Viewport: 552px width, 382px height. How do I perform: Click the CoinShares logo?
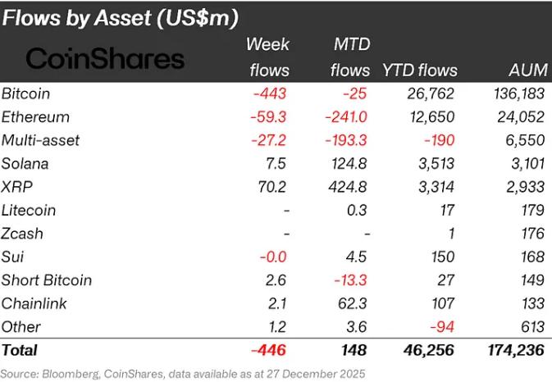[105, 58]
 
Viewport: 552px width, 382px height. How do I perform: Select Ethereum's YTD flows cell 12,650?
[433, 116]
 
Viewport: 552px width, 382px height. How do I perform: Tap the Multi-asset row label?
[41, 140]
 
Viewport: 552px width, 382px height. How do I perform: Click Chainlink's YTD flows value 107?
[442, 303]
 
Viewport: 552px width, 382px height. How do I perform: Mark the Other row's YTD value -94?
[442, 327]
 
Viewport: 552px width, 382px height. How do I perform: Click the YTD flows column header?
[420, 70]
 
